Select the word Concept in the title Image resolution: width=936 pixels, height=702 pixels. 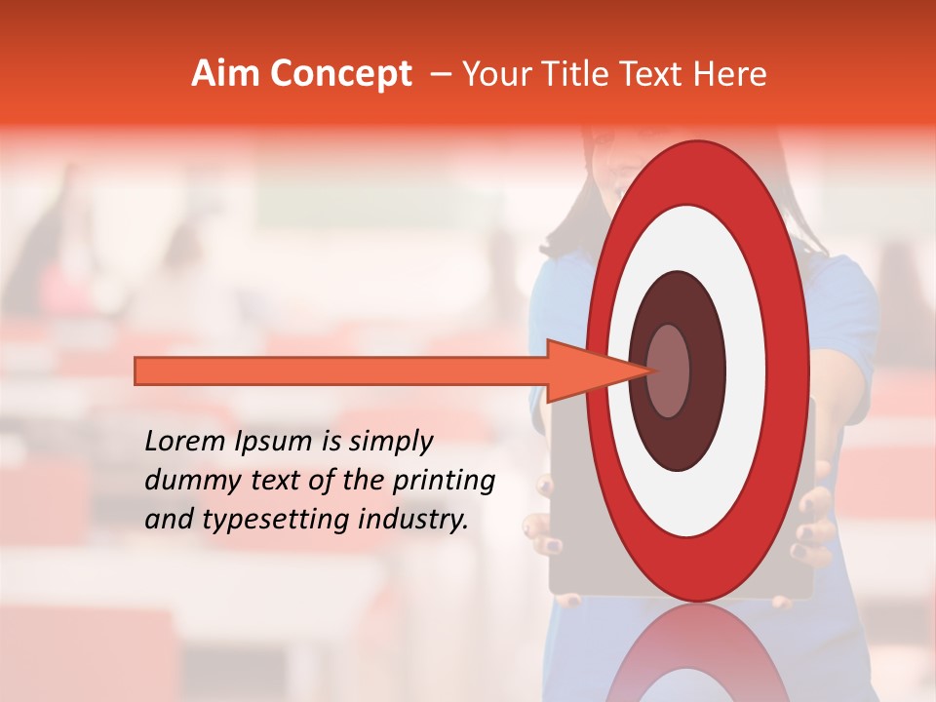point(340,74)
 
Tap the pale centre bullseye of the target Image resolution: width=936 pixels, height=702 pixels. point(669,370)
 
